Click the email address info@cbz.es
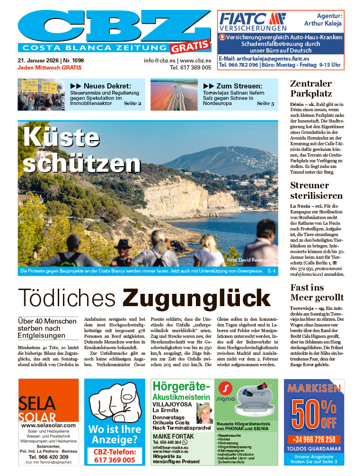click(x=160, y=61)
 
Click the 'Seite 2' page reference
click(x=133, y=103)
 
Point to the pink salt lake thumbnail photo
click(x=174, y=94)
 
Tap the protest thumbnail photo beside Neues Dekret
click(x=41, y=94)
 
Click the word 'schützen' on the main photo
click(x=82, y=163)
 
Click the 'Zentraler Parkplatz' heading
click(x=311, y=88)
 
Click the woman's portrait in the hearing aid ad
click(x=204, y=413)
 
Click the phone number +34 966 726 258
click(x=314, y=439)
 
